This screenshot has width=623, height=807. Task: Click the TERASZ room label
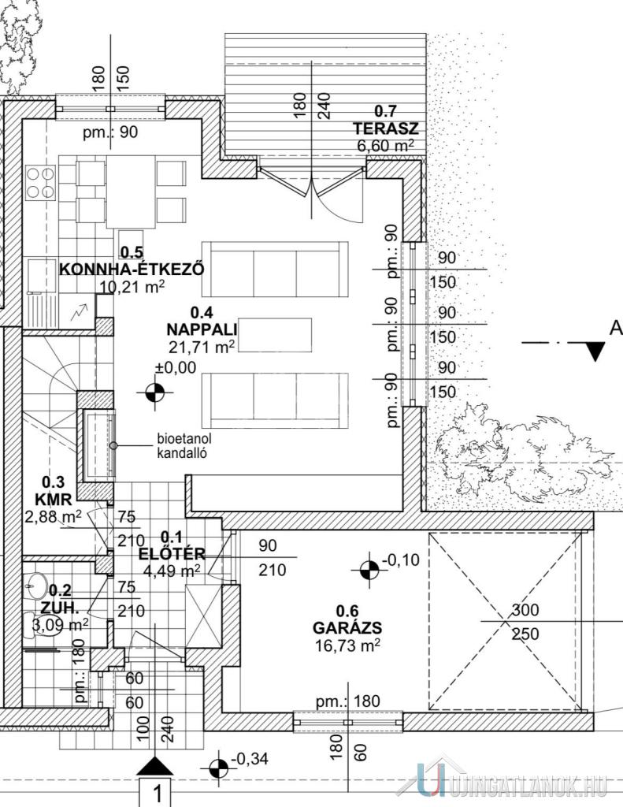coord(385,128)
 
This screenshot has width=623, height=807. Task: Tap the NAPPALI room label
coord(202,329)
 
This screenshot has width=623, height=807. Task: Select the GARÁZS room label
coord(347,628)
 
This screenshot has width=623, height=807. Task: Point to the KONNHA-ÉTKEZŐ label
coord(132,270)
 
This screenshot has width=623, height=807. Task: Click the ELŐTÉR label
coord(172,554)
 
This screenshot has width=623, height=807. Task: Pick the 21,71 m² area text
coord(202,347)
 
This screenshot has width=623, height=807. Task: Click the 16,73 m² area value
coord(347,645)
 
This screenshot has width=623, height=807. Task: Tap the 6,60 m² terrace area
coord(385,145)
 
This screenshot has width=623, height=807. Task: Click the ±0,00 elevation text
coord(176,367)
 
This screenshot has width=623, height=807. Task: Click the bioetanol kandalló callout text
coord(184,446)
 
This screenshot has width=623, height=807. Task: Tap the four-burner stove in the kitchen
coord(40,182)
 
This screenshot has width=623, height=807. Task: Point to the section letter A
coord(616,328)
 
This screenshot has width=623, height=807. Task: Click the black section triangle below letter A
coord(595,351)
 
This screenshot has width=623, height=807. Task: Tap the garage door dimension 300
coord(525,611)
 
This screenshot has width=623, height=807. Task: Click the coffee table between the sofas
coord(275,336)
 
